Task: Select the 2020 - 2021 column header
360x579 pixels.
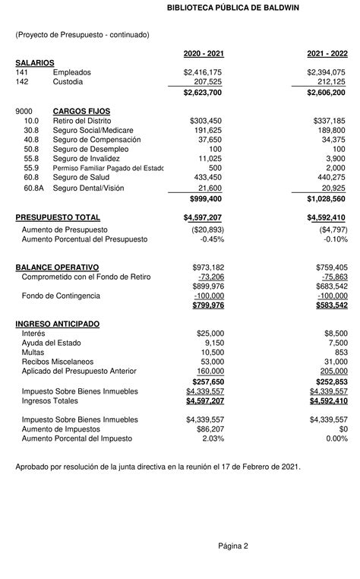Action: coord(204,53)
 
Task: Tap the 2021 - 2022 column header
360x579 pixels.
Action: coord(327,53)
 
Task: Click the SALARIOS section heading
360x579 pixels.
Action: coord(35,62)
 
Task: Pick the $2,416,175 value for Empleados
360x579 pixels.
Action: coord(203,71)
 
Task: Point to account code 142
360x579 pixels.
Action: coord(22,81)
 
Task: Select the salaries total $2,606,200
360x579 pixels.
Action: coord(327,92)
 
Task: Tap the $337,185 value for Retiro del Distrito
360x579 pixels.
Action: coord(329,121)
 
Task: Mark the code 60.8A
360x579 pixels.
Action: coord(33,188)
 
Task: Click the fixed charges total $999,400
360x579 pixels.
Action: coord(205,198)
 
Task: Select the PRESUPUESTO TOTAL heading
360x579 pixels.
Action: coord(58,218)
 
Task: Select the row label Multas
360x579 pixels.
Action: coord(33,353)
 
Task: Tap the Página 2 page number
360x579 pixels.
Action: coord(233,546)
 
